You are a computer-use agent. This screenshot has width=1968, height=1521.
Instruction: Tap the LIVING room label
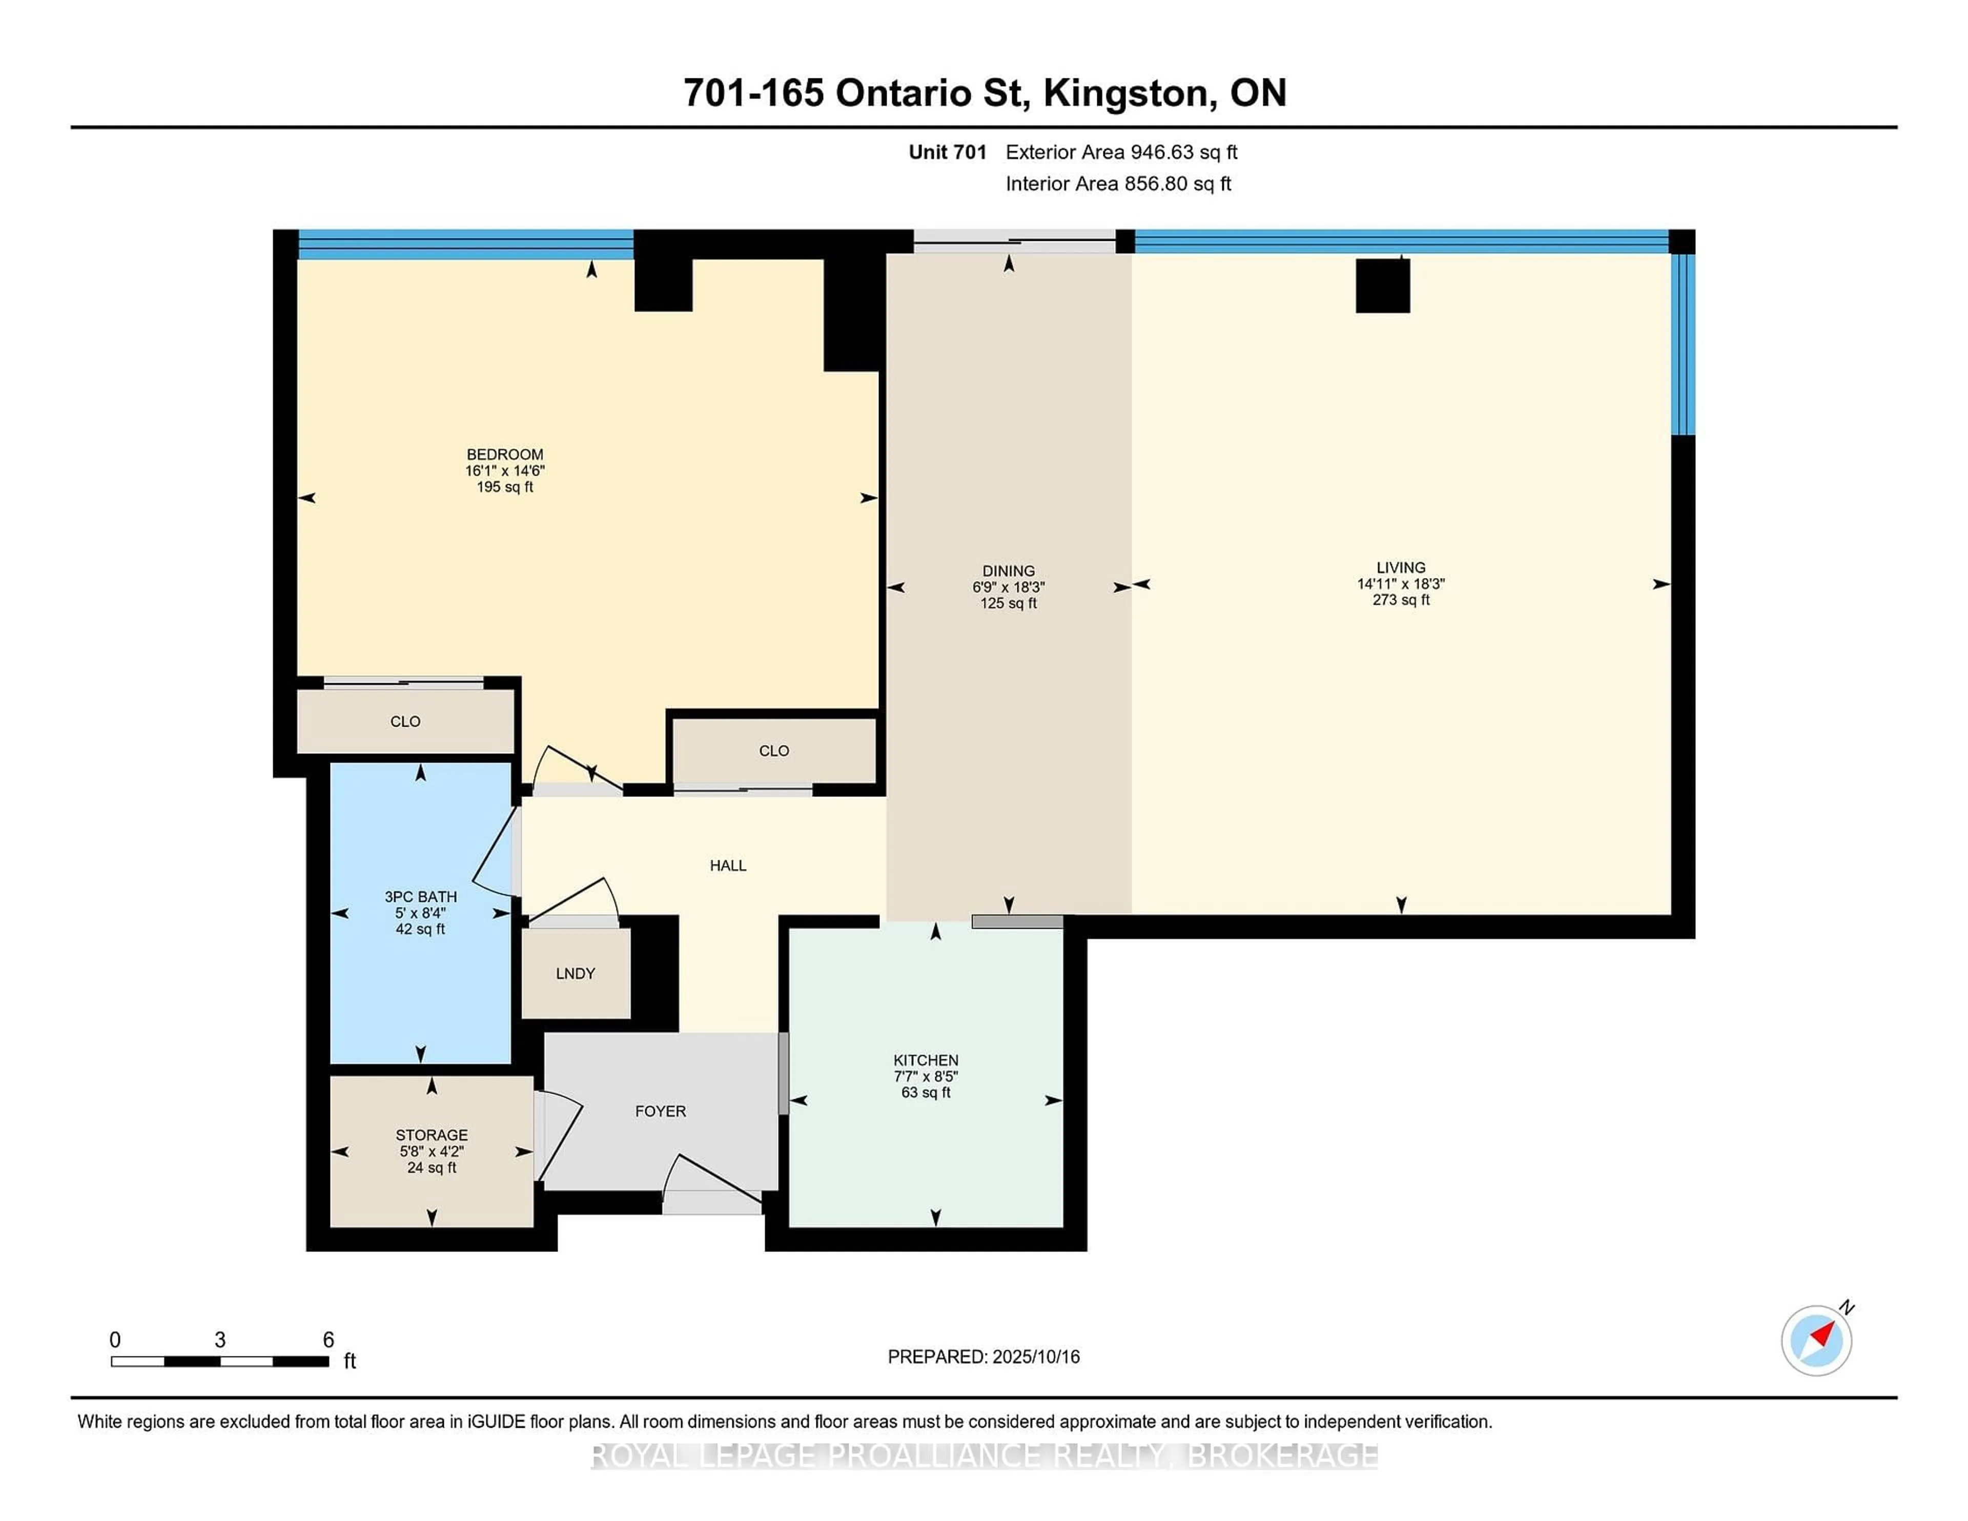[1400, 568]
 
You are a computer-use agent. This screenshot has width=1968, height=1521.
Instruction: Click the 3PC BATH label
[421, 897]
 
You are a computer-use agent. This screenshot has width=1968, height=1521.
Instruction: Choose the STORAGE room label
[432, 1135]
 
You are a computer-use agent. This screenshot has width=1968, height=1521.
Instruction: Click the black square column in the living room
[1382, 285]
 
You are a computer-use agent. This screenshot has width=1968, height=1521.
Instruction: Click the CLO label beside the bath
[405, 722]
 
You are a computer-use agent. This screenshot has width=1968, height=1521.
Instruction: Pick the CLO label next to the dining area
[774, 751]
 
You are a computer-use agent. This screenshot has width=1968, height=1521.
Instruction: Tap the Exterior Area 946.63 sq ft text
[1122, 152]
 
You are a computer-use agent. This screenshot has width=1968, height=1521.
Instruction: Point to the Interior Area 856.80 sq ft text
[1118, 184]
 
